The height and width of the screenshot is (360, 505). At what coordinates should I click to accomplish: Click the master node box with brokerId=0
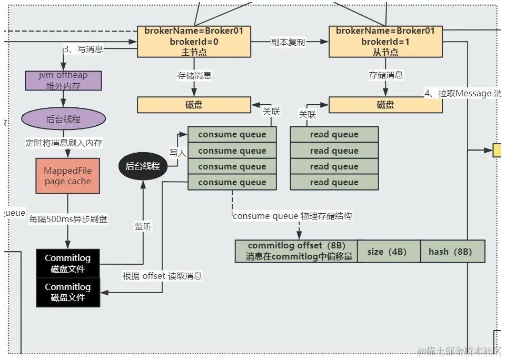click(194, 42)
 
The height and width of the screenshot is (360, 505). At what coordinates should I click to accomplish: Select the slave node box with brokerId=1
click(385, 42)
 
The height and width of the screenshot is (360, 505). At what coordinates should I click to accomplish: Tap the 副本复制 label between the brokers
click(288, 42)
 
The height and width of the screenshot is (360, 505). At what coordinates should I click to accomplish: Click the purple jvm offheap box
click(63, 81)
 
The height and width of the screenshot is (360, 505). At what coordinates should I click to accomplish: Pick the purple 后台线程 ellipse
click(63, 119)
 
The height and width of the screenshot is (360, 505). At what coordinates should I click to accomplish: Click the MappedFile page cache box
click(67, 176)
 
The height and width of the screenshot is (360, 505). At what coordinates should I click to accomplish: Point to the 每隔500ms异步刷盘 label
click(68, 219)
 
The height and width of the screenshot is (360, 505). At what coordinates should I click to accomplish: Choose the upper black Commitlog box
click(67, 263)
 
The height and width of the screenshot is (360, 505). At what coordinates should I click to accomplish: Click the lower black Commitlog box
click(67, 292)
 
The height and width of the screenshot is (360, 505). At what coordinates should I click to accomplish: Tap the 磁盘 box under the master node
click(194, 105)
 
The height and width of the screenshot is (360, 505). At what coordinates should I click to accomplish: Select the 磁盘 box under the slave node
click(385, 105)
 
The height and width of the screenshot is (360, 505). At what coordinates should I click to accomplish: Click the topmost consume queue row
click(232, 135)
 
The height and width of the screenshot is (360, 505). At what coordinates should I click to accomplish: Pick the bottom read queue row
click(334, 182)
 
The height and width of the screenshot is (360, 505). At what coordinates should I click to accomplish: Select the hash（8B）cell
click(450, 252)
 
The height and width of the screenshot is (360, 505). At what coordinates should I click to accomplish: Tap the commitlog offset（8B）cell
click(296, 252)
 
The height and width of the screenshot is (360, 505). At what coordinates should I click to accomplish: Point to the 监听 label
click(143, 226)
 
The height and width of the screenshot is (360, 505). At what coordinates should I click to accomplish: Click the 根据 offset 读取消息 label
click(162, 276)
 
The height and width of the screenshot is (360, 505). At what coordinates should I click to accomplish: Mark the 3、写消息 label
click(83, 49)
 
